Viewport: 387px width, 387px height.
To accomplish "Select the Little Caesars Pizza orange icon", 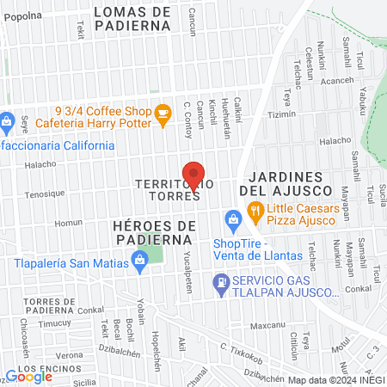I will pos(255,209).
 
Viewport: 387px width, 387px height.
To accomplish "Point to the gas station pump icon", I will pos(222,280).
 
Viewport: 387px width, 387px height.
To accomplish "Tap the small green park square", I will pos(150,254).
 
